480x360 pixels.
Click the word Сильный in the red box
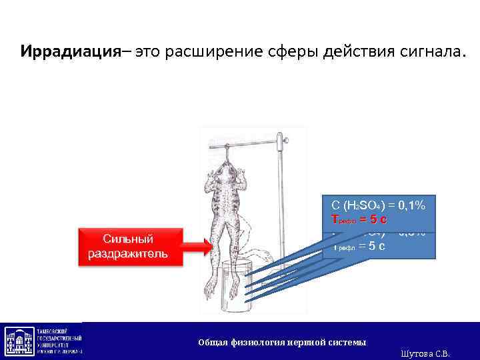tap(128, 239)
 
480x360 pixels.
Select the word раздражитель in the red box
tap(128, 255)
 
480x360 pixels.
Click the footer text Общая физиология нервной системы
tap(281, 342)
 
